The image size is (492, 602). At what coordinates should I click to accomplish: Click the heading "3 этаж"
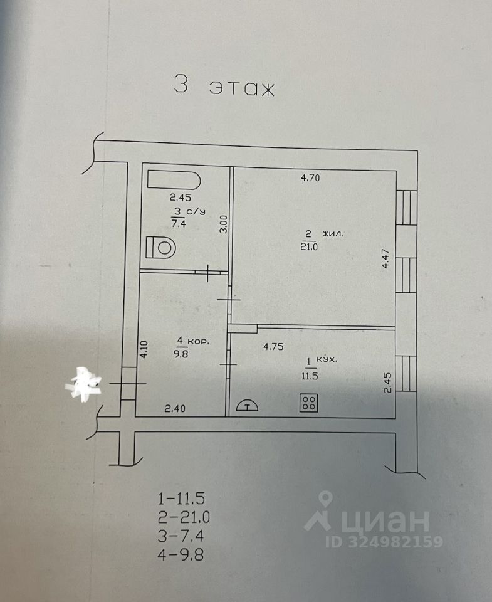tap(224, 87)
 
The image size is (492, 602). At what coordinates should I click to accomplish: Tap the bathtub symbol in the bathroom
tap(174, 181)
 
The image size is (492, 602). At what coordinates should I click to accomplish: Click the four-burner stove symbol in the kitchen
tap(308, 403)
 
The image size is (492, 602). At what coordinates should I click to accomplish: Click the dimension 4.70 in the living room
tap(311, 178)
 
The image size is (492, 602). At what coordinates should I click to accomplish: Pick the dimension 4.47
tap(387, 258)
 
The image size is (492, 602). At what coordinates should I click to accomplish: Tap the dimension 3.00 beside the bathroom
tap(222, 224)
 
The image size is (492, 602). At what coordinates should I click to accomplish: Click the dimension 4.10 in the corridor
tap(143, 349)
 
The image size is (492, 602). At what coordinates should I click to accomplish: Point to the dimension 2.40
tap(174, 409)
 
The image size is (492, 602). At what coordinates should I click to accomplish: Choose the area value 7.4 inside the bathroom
tap(178, 221)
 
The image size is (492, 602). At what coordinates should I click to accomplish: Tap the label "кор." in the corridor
tap(199, 342)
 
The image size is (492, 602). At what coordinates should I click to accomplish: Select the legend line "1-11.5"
tap(182, 500)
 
